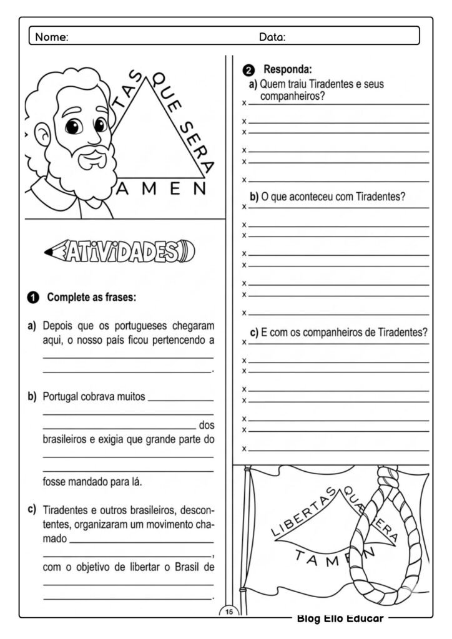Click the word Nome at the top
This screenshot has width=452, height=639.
click(52, 37)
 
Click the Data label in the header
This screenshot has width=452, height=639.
click(272, 37)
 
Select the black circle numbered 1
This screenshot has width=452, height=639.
click(33, 298)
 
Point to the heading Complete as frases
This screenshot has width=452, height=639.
click(91, 298)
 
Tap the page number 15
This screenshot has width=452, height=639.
click(229, 612)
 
